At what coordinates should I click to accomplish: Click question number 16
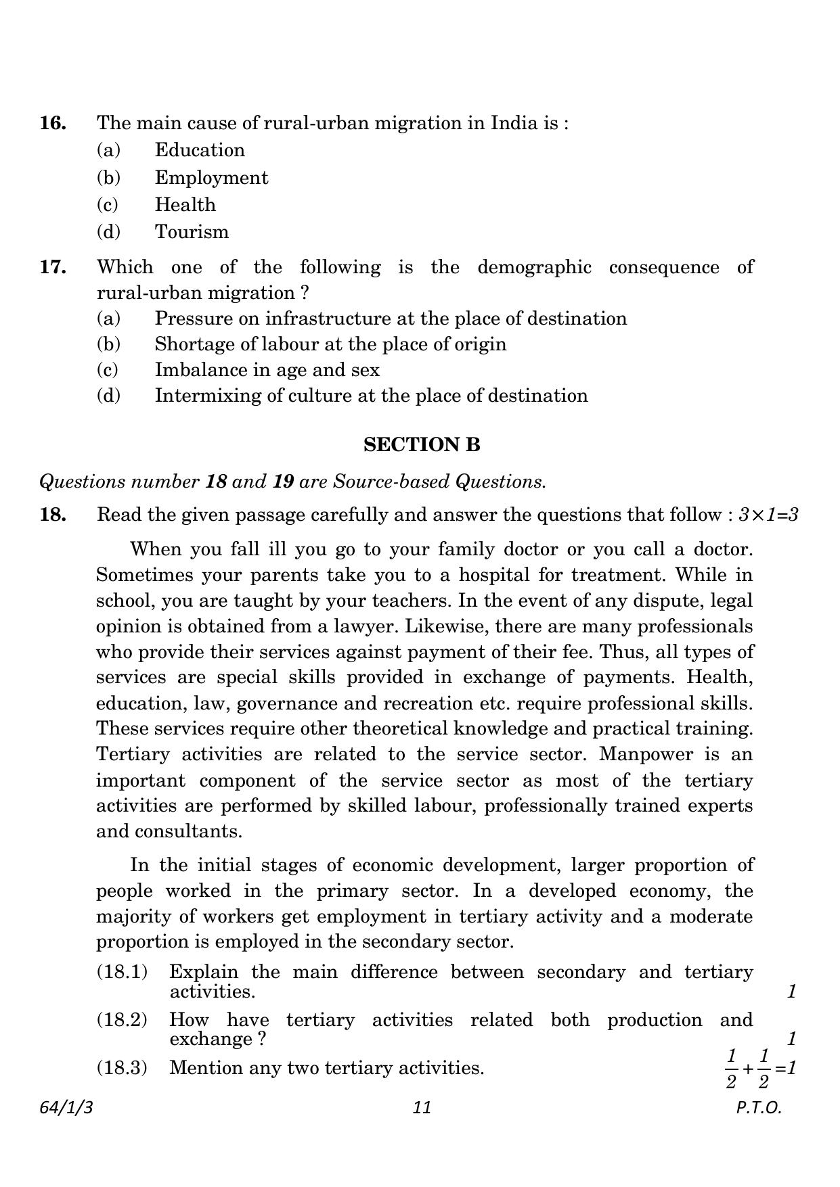coord(53,123)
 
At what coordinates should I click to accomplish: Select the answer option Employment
coord(211,178)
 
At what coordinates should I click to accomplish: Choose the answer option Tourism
coord(192,232)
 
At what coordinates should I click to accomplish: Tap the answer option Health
coord(185,205)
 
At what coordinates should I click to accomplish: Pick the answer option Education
coord(199,150)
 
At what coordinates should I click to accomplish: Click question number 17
coord(53,267)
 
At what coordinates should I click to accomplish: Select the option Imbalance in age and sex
coord(267,370)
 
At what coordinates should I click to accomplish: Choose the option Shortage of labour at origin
coord(330,344)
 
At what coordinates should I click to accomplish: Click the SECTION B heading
coord(422,444)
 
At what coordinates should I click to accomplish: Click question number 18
coord(53,515)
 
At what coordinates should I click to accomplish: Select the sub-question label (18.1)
coord(122,972)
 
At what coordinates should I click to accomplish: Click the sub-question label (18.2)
coord(122,1020)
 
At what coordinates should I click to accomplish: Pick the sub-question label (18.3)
coord(122,1068)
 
